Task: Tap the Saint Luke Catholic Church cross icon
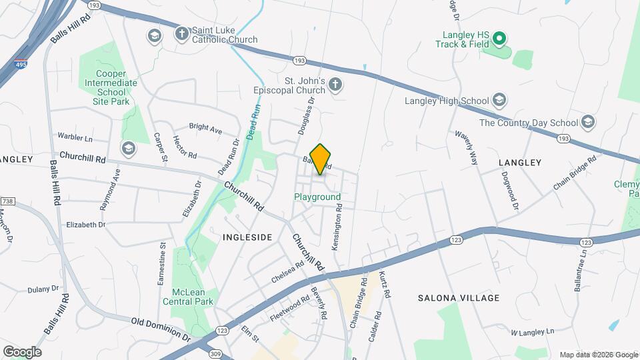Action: point(181,34)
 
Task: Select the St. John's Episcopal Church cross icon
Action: point(335,85)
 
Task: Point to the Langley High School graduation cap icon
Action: point(499,101)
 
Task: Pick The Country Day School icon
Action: point(587,122)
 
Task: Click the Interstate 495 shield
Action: point(20,64)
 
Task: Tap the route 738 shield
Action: point(7,201)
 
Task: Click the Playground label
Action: point(317,197)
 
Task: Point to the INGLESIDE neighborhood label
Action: point(247,237)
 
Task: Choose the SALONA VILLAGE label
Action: point(459,298)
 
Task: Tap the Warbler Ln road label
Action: point(75,137)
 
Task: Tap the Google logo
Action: point(22,351)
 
